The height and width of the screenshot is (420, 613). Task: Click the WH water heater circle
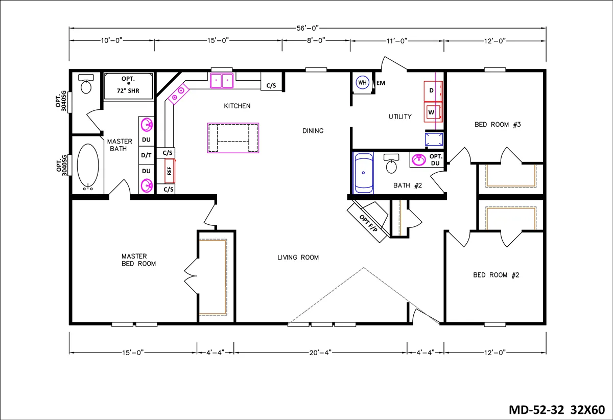click(362, 83)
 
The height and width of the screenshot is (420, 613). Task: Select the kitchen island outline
click(233, 138)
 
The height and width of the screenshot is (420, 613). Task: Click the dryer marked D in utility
click(432, 91)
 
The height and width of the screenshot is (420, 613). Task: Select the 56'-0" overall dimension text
click(308, 28)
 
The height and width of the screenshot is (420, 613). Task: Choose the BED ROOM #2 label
click(496, 275)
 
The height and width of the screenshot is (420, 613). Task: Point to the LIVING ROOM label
click(298, 257)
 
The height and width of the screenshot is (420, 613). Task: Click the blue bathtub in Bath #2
click(363, 173)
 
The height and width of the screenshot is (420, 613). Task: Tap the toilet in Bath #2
click(392, 164)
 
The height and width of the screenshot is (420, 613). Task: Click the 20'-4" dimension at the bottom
click(320, 352)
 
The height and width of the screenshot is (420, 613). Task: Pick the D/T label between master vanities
click(146, 155)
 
